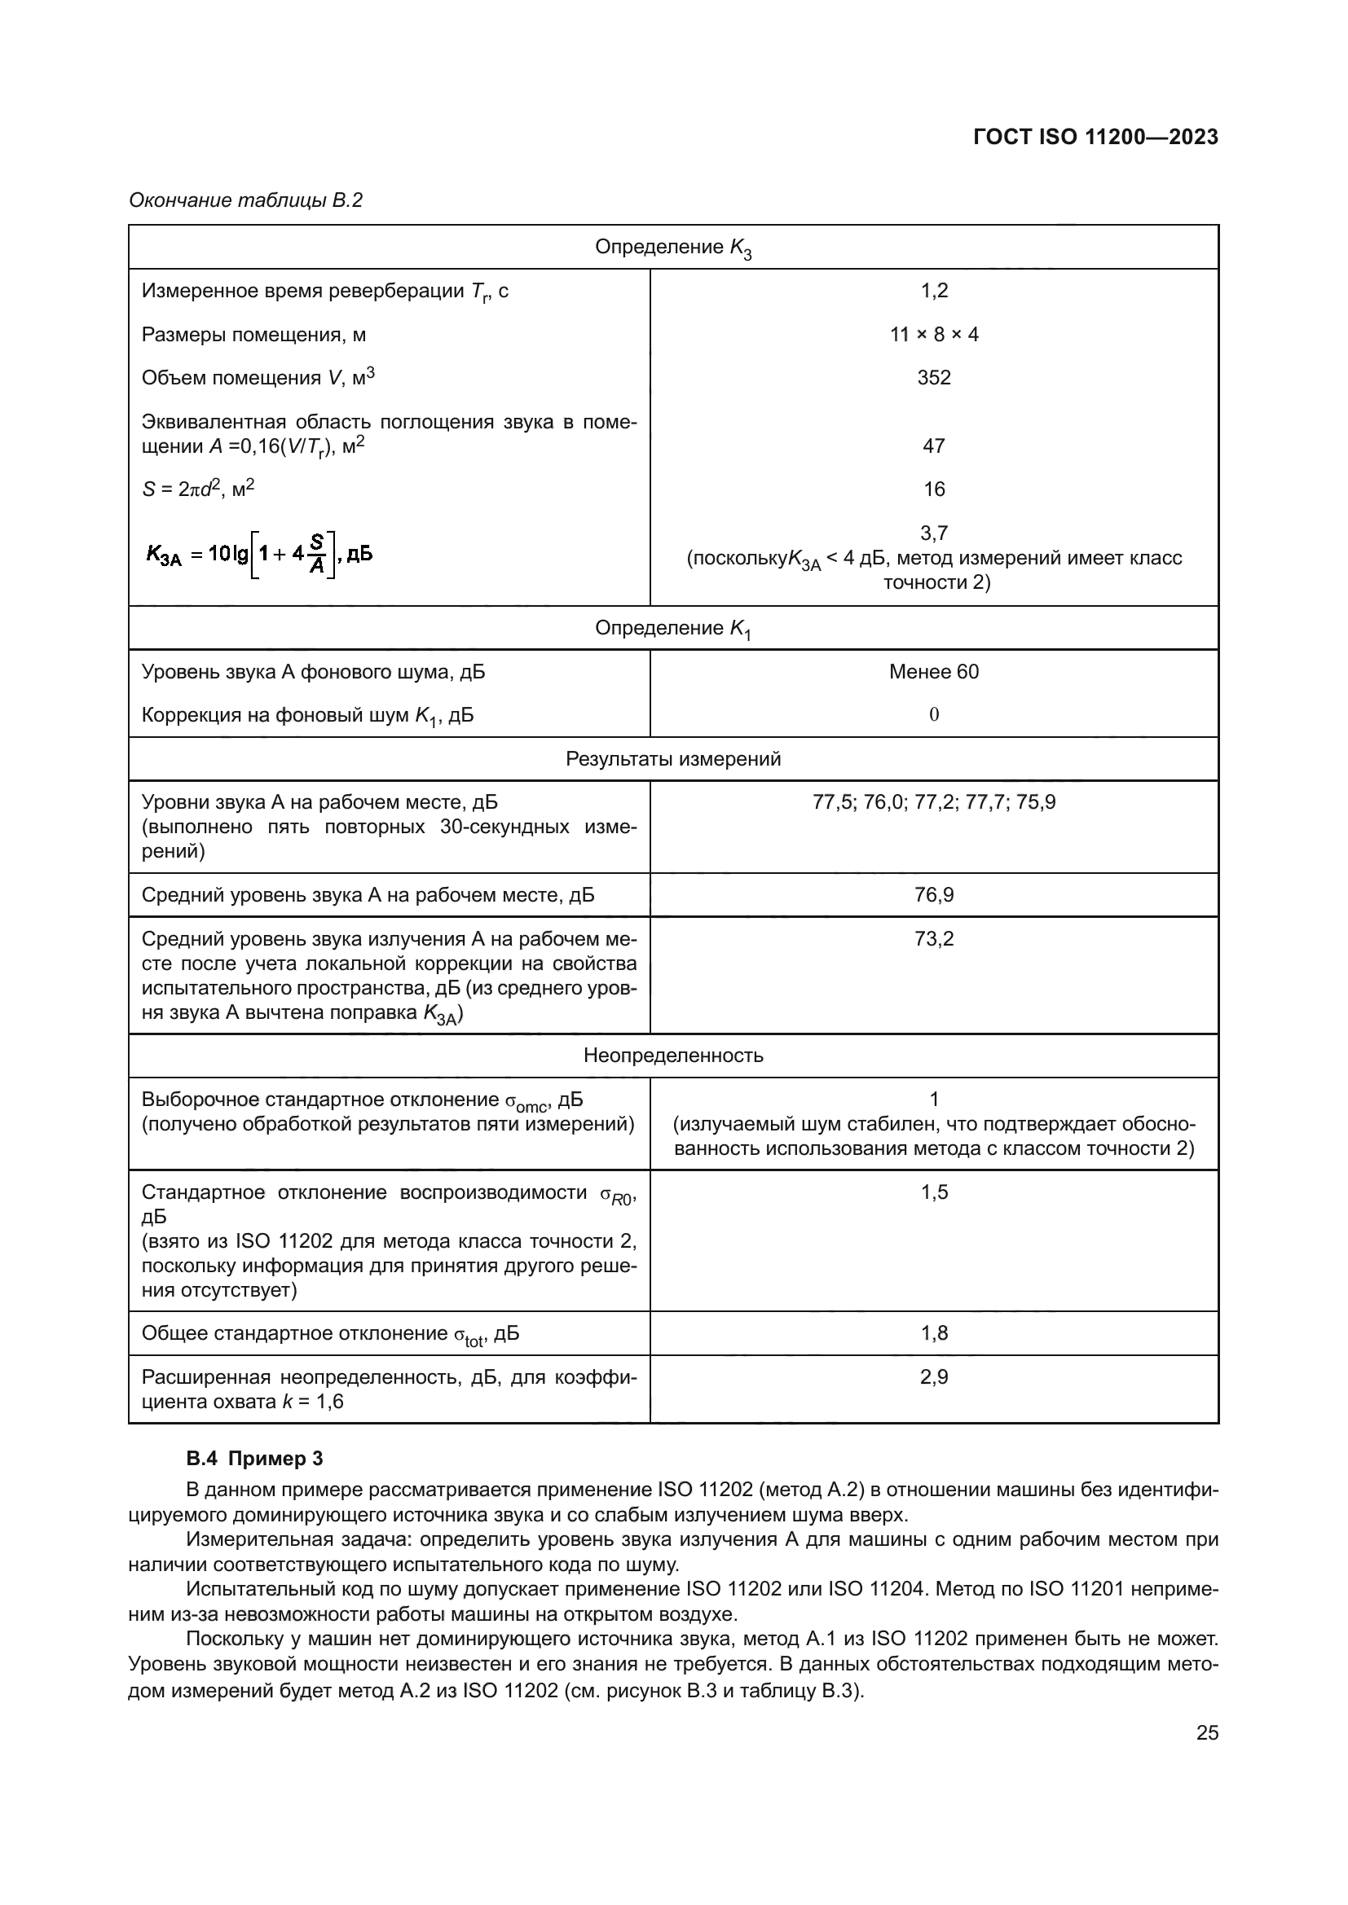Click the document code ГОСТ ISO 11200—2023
[x=1095, y=137]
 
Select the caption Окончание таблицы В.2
[x=245, y=201]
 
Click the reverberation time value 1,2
[x=934, y=291]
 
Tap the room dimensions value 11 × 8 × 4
[x=934, y=335]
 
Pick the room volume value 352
[x=934, y=378]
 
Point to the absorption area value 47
[x=934, y=446]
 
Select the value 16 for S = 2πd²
[x=934, y=489]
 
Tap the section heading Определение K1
[x=672, y=629]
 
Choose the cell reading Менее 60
[x=934, y=671]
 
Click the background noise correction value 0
[x=934, y=714]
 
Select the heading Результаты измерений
[x=672, y=759]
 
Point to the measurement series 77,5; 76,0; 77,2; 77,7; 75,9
[x=934, y=802]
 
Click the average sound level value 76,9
[x=934, y=895]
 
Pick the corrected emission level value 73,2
[x=934, y=939]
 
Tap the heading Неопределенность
[x=672, y=1056]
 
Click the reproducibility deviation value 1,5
[x=934, y=1192]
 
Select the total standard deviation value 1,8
[x=934, y=1333]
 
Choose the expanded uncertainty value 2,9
[x=934, y=1377]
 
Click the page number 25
[x=1207, y=1732]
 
